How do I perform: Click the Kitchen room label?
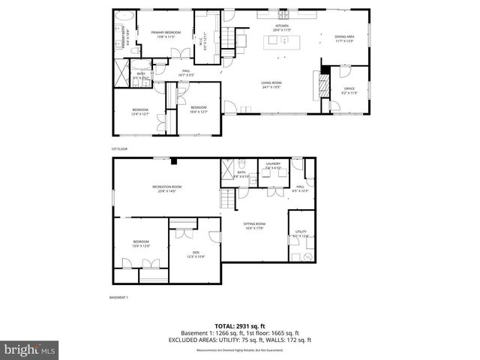click(281, 27)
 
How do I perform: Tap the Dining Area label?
click(345, 37)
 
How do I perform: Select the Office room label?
click(349, 91)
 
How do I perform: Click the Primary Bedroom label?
click(166, 34)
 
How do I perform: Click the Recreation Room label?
click(166, 188)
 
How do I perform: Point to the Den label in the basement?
click(195, 253)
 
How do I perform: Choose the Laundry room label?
click(272, 166)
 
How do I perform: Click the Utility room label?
click(301, 233)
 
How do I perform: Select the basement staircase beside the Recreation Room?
click(225, 198)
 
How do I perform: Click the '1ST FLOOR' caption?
click(119, 149)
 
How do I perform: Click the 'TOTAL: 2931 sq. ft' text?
click(239, 326)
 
